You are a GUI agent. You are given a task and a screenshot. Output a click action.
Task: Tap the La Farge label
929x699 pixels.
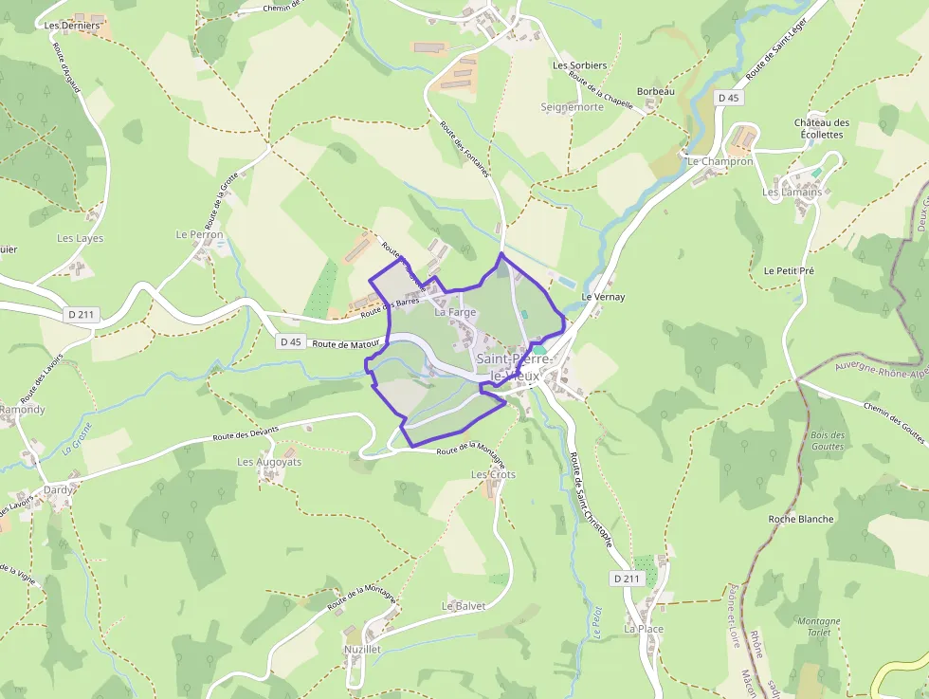point(455,312)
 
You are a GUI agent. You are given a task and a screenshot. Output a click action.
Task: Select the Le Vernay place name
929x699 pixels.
point(603,297)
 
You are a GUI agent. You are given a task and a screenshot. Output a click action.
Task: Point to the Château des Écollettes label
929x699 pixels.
point(821,129)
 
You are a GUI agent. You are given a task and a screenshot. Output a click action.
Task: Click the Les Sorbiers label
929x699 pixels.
point(579,65)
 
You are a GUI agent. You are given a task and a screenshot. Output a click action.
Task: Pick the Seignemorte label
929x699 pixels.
point(572,107)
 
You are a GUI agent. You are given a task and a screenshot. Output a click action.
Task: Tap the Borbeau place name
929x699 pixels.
point(656,91)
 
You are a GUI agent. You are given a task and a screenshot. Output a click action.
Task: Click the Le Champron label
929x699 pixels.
point(720,162)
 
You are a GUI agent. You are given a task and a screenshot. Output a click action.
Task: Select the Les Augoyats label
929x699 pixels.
point(269,462)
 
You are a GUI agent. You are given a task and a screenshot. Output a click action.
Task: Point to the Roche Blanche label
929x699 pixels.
point(801,519)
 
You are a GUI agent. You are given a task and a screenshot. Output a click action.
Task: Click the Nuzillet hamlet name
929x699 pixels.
point(363,650)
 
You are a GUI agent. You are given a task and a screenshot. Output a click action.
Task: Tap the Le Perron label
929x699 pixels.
point(199,234)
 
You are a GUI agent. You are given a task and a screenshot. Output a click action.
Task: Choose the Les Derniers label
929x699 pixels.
point(72,26)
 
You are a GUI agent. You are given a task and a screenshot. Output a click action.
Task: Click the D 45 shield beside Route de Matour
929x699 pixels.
point(290,341)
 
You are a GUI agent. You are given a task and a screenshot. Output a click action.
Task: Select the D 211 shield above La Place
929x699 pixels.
point(626,579)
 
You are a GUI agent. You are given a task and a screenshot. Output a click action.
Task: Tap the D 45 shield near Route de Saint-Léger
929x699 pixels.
point(728,98)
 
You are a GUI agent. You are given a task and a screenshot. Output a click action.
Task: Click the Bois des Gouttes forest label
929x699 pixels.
point(828,440)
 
